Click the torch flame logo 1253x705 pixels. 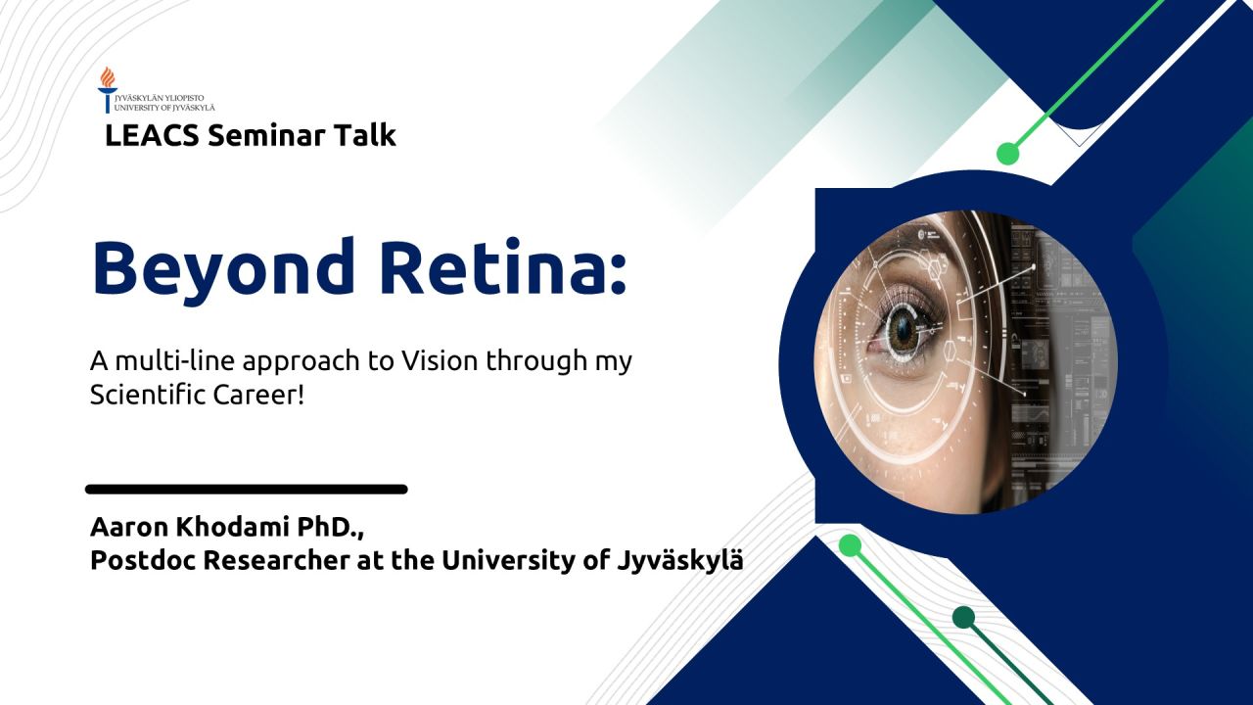click(x=108, y=89)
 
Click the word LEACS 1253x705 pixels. click(x=152, y=135)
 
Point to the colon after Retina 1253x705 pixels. click(x=617, y=274)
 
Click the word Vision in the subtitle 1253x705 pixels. click(x=440, y=360)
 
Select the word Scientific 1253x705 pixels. click(x=147, y=395)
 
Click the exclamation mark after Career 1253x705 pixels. click(x=301, y=395)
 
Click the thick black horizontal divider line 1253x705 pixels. click(x=246, y=490)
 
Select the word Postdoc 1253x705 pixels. click(x=142, y=560)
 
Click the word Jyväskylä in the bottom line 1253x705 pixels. click(x=680, y=561)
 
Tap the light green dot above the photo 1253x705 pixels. click(x=1008, y=154)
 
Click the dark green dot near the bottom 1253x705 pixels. click(x=964, y=617)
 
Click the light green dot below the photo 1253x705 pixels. click(x=851, y=545)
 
